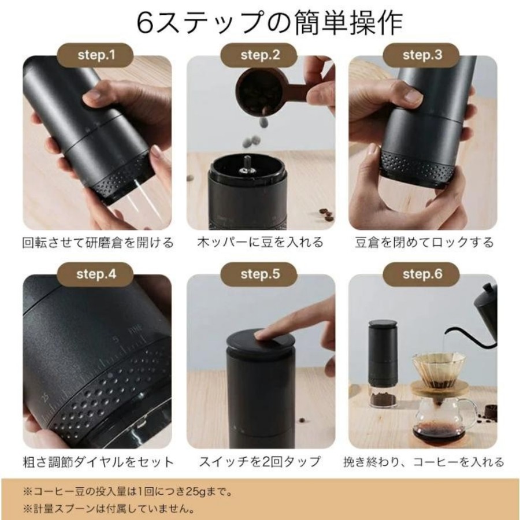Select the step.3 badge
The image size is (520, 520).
click(422, 55)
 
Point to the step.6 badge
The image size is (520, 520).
click(422, 274)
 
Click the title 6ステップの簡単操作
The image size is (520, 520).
click(269, 23)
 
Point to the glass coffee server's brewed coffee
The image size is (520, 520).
click(438, 431)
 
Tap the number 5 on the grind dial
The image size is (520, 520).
click(116, 340)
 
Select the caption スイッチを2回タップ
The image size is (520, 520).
click(259, 462)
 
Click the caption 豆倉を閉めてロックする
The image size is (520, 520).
click(424, 243)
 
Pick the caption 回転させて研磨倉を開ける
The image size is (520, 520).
click(98, 243)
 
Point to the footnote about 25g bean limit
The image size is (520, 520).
click(128, 492)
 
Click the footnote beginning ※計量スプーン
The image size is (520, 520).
click(109, 508)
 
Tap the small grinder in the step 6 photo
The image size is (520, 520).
click(383, 364)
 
